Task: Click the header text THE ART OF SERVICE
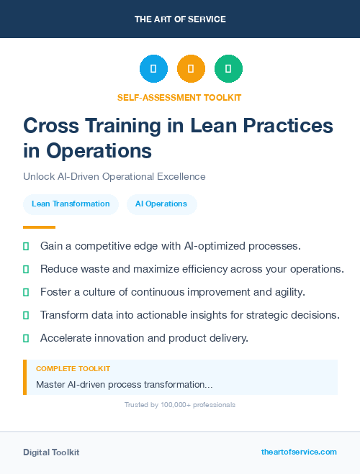click(180, 19)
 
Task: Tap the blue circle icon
click(153, 69)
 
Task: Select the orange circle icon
click(191, 69)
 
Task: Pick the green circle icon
click(228, 69)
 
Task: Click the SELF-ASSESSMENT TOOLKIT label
click(179, 97)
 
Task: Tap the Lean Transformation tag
click(71, 204)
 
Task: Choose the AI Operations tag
click(161, 204)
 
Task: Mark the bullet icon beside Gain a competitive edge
click(26, 246)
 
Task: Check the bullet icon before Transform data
click(26, 315)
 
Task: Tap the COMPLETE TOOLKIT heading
click(73, 368)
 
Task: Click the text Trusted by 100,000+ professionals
click(179, 405)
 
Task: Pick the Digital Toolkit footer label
click(51, 452)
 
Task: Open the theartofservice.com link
click(299, 452)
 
